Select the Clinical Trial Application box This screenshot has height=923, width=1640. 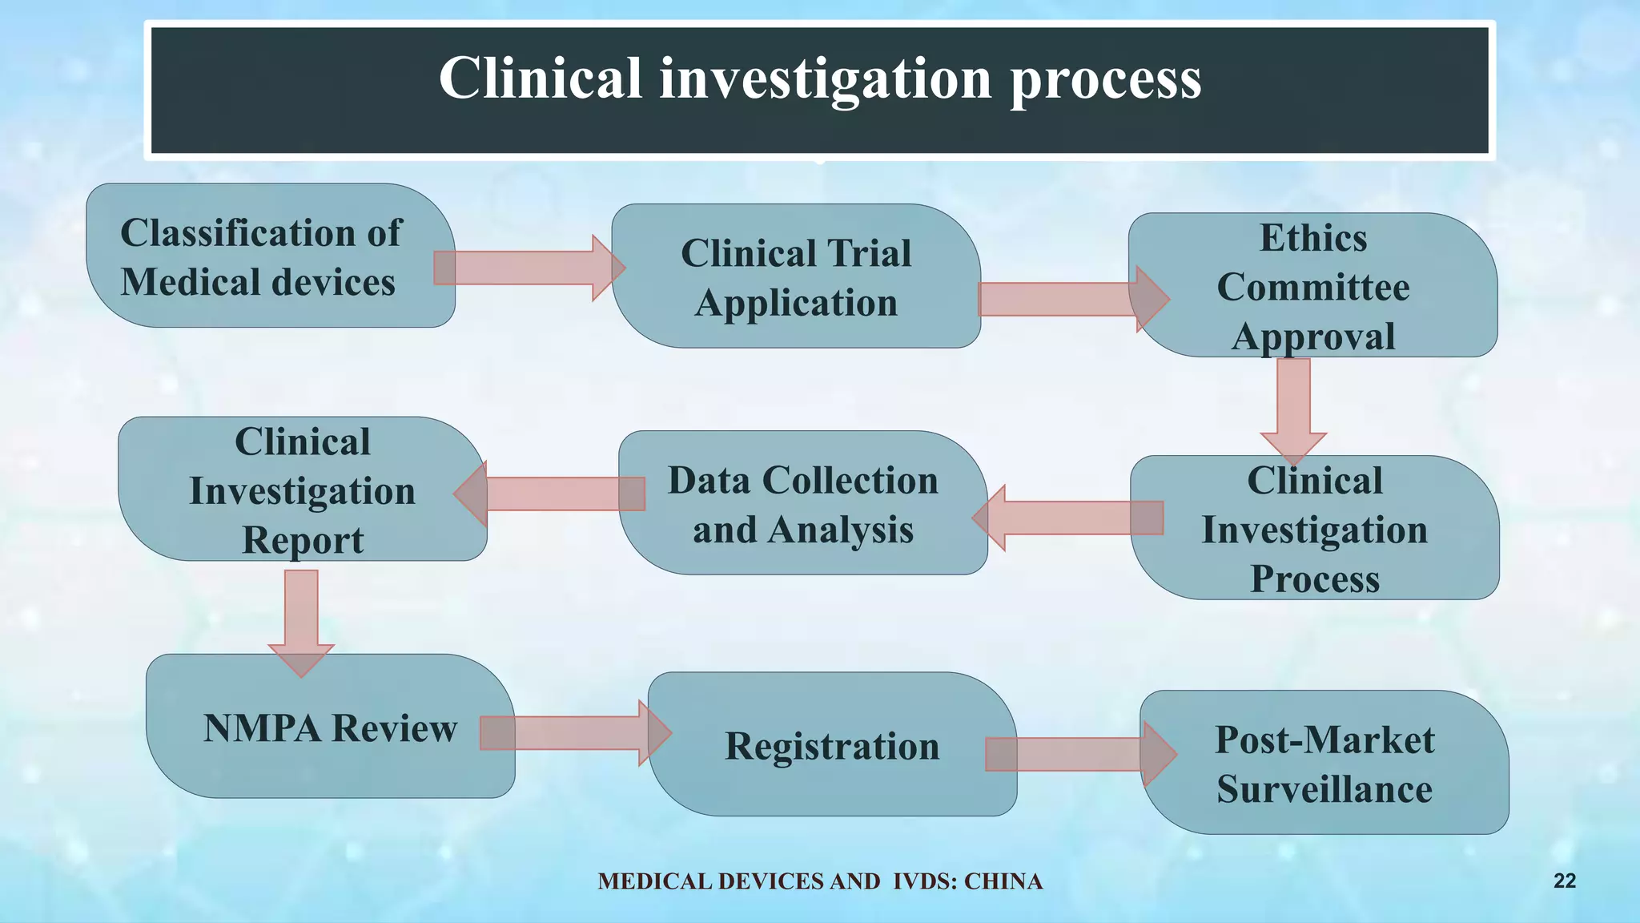point(796,276)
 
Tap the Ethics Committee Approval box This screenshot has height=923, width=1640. point(1313,286)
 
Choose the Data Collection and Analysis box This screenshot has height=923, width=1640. point(802,504)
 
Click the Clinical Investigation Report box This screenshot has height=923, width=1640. point(302,490)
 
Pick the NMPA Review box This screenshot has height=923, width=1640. point(330,728)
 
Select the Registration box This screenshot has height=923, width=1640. point(832,745)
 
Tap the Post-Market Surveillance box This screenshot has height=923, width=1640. point(1324,764)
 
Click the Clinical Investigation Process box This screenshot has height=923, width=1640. point(1314,529)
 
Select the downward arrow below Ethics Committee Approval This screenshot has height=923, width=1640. point(1293,409)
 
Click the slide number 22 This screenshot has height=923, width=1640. point(1564,881)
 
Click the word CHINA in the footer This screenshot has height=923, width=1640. point(1003,881)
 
